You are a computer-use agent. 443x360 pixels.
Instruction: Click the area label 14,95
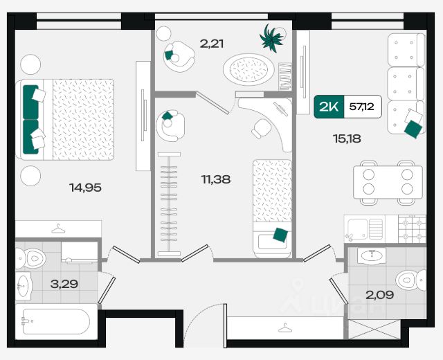pos(85,188)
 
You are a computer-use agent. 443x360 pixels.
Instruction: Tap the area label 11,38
pos(215,179)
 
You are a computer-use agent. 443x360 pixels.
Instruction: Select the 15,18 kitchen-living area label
pos(347,138)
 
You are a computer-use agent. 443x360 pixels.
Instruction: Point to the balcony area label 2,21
pos(212,44)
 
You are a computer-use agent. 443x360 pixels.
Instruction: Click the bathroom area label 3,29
pos(64,284)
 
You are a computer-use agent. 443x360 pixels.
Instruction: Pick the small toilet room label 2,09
pos(380,295)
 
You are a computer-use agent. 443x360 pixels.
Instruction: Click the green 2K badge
pos(329,107)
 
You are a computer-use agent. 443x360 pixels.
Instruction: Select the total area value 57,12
pos(361,107)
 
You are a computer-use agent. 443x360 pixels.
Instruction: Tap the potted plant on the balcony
pos(271,38)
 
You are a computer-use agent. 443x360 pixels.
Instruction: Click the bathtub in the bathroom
pos(56,321)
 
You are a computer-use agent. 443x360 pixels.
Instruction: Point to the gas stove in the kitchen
pos(413,229)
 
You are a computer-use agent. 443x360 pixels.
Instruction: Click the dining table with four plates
pos(388,182)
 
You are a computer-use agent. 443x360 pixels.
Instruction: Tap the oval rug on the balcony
pos(248,69)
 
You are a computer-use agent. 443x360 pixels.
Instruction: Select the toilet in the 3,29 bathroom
pos(30,258)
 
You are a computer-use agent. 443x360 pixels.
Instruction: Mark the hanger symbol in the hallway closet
pos(285,328)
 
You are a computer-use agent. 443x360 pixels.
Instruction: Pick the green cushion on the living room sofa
pos(413,129)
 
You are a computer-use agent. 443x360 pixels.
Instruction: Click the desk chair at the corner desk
pos(262,129)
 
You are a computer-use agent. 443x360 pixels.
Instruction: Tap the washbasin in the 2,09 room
pos(372,256)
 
